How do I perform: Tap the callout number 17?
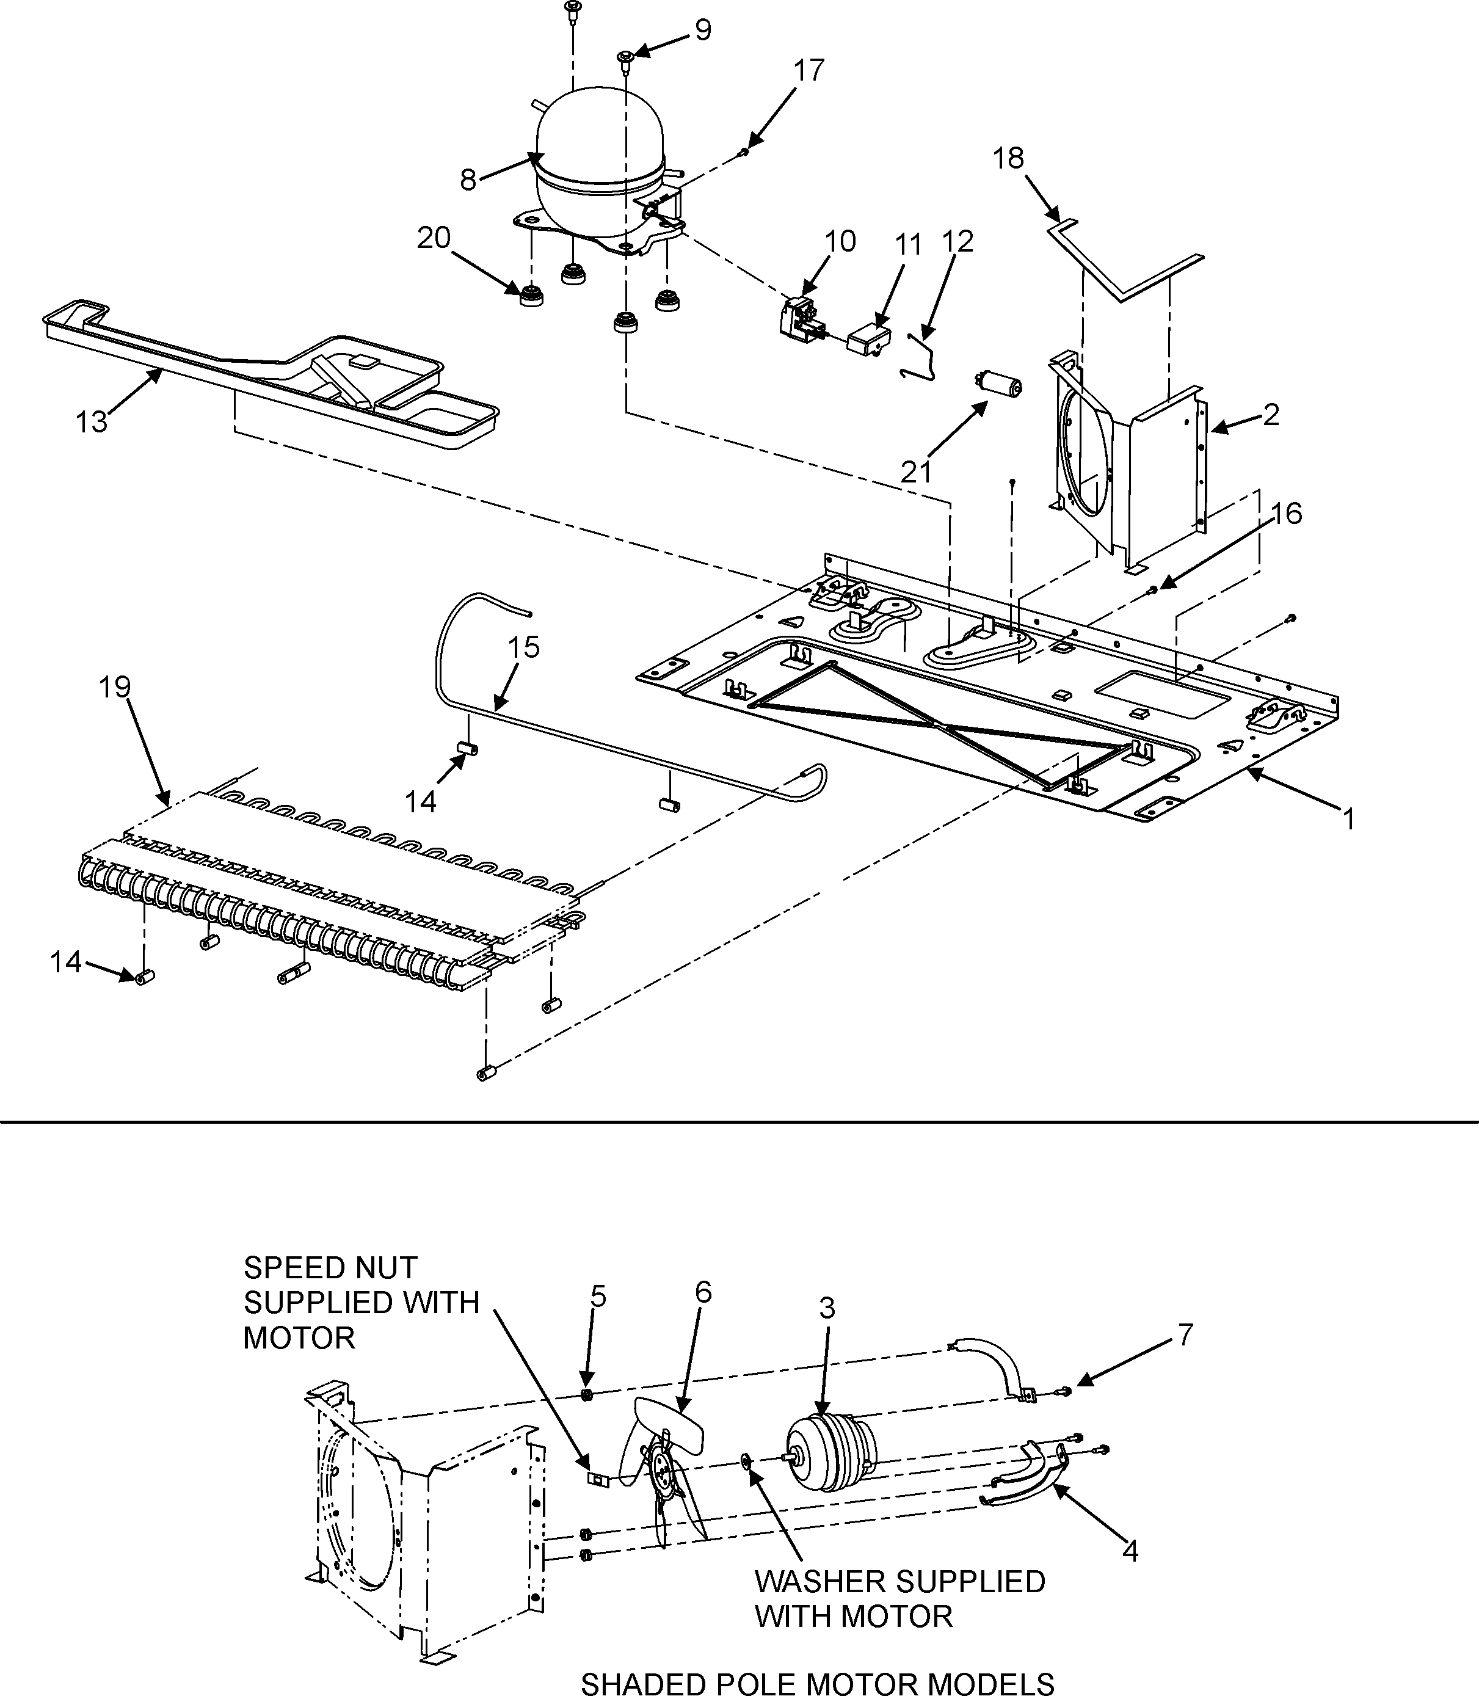pos(809,71)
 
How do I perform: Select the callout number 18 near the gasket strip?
pos(1008,158)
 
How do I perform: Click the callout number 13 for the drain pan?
pos(91,422)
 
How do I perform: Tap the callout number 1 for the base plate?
pos(1348,819)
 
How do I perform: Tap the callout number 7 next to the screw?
pos(1185,1334)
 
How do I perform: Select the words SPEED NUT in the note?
pos(330,1267)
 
